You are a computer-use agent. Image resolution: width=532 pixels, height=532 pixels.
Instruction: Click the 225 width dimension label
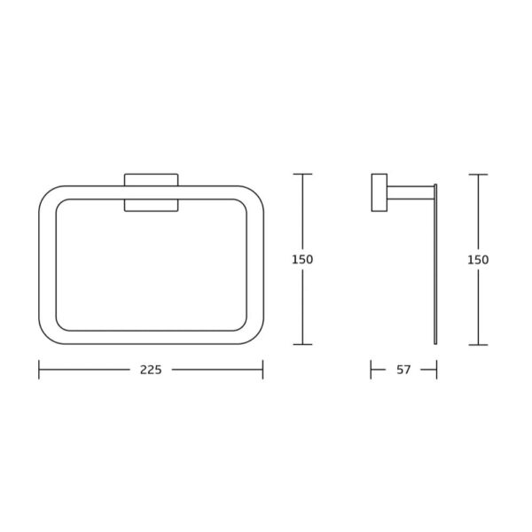pos(151,370)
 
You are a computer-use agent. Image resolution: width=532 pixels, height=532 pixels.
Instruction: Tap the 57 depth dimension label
pos(403,370)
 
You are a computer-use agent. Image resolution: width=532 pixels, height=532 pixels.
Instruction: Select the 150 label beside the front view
pos(302,260)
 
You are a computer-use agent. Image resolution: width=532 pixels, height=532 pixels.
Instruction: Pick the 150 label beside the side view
pos(478,260)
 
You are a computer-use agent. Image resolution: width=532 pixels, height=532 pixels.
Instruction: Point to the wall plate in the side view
pos(379,192)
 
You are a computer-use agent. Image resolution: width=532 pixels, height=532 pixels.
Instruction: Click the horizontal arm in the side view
pos(411,192)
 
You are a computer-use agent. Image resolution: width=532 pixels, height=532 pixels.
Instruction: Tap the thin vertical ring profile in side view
pos(435,264)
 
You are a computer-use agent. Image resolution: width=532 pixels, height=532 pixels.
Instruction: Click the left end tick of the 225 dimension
pos(39,370)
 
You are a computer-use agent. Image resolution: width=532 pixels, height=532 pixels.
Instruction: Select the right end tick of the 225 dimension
pos(263,370)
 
